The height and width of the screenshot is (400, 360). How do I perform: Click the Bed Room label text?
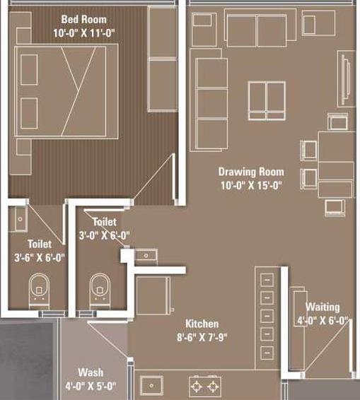coord(83,19)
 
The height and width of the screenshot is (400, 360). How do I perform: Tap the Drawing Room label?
coord(251,172)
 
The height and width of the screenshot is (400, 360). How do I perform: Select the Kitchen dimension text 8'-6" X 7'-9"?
coord(202,337)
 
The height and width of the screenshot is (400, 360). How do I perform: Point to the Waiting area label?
coord(323,307)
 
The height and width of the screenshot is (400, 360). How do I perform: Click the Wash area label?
coord(91,372)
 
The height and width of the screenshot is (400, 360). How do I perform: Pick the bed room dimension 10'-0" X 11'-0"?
coord(84,33)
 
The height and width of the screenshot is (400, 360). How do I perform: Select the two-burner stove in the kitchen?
coord(205,387)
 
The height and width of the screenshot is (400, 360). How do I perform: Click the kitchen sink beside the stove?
coord(151,386)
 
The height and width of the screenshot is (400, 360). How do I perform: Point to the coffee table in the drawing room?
coord(267,101)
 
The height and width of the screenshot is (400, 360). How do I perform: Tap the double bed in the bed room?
coord(66,91)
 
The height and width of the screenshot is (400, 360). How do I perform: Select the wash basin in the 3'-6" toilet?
coord(18,219)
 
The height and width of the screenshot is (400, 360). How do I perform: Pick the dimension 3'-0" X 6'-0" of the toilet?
coord(104,235)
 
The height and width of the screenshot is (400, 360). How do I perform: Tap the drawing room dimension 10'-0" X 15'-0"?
coord(251,185)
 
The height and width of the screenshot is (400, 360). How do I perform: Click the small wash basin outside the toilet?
coord(146,256)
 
